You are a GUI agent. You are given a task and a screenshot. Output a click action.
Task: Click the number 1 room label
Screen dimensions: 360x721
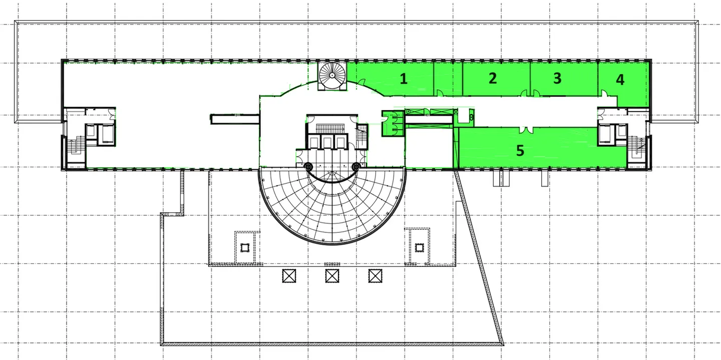(x=404, y=78)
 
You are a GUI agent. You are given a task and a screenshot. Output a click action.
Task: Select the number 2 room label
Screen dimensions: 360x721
(x=493, y=78)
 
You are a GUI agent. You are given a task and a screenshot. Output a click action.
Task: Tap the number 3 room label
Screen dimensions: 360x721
(x=557, y=78)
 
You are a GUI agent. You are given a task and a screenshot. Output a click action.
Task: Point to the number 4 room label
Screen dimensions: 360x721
(x=620, y=80)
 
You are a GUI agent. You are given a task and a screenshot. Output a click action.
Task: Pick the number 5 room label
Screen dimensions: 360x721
(x=520, y=151)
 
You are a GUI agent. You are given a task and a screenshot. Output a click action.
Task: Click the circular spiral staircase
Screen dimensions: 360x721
(x=332, y=76)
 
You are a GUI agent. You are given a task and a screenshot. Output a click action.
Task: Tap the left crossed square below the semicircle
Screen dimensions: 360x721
(x=289, y=275)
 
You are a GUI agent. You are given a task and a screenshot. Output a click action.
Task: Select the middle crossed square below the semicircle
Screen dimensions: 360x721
(x=332, y=275)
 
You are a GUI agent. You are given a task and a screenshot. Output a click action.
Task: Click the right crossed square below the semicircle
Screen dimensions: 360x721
(x=376, y=275)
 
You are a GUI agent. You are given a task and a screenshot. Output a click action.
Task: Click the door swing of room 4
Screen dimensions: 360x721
(x=604, y=94)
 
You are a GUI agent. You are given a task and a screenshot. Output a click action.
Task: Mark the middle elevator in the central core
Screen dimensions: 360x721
(x=327, y=142)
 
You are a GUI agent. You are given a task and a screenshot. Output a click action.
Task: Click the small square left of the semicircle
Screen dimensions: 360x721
(x=245, y=247)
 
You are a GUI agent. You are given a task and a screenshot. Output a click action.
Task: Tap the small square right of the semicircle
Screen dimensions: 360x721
(x=420, y=247)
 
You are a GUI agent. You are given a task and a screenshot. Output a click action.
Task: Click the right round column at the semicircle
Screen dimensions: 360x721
(x=356, y=166)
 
